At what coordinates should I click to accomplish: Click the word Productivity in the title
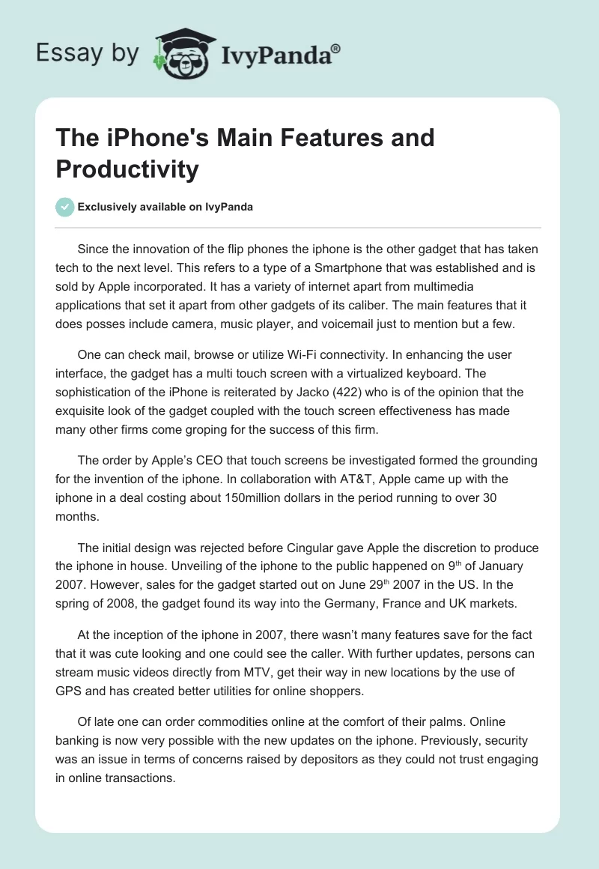coord(127,170)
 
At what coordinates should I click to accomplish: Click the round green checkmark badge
coord(66,207)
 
